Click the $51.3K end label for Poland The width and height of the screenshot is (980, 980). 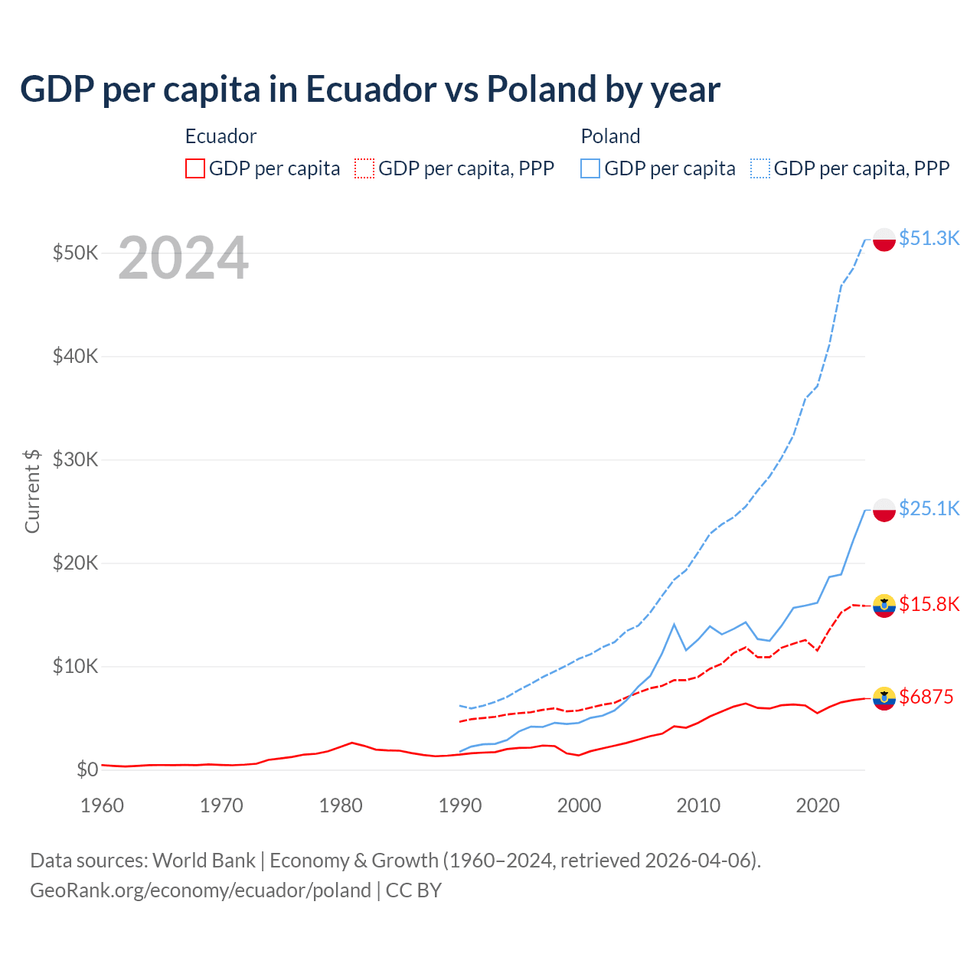point(929,238)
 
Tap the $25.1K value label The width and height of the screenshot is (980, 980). point(929,508)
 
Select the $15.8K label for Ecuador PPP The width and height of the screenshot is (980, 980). point(929,604)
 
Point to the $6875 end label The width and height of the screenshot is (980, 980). point(926,697)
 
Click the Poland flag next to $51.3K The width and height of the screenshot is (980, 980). point(884,239)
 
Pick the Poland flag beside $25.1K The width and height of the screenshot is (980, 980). point(884,510)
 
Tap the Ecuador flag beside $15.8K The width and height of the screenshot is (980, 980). point(884,606)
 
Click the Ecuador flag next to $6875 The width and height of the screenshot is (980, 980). point(884,697)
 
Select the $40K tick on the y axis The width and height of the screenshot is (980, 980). point(75,356)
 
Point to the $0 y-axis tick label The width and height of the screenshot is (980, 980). point(87,769)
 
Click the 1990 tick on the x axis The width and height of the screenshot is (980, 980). point(460,805)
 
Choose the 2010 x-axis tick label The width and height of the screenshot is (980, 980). point(698,805)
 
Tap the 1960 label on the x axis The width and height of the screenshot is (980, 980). point(102,805)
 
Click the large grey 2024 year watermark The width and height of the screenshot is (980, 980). point(183,259)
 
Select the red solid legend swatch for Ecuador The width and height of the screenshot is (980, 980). point(195,168)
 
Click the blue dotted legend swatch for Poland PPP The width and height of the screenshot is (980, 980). point(760,168)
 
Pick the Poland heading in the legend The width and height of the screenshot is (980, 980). point(610,136)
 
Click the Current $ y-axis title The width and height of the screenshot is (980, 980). point(32,491)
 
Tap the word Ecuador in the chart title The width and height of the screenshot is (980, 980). point(371,90)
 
